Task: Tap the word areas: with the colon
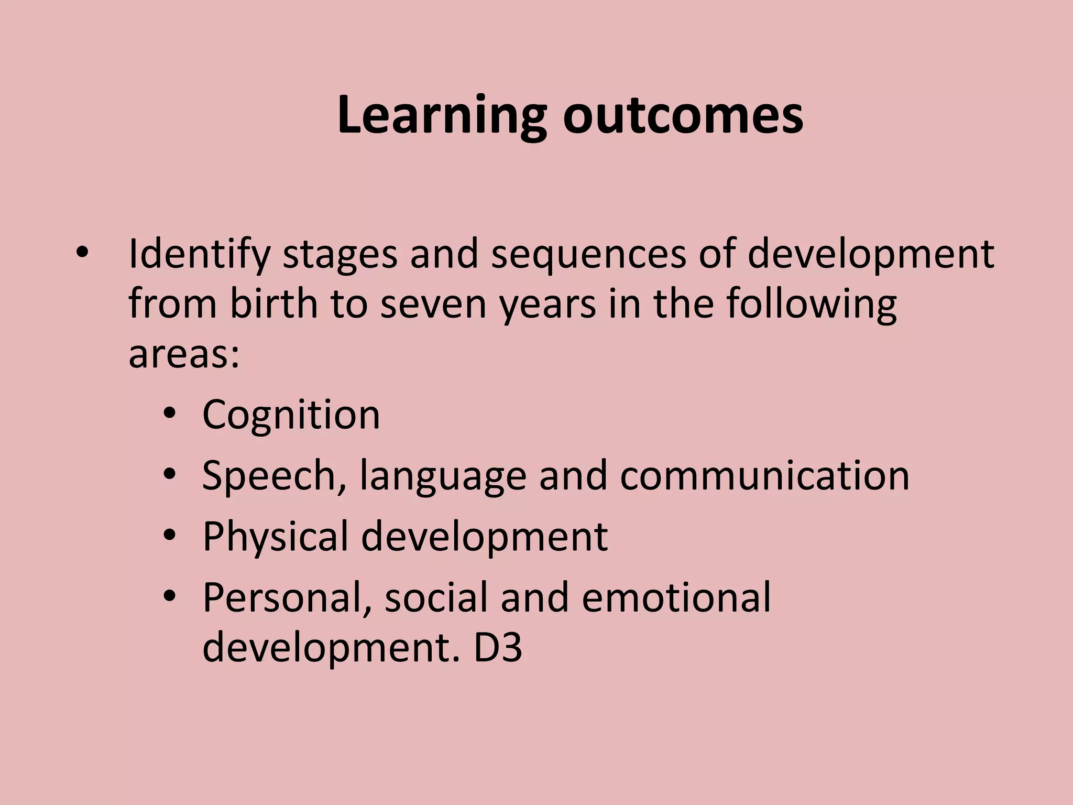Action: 184,354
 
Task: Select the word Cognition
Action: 291,415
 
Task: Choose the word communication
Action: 764,475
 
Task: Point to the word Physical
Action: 276,537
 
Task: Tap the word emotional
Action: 676,597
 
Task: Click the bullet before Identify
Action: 82,254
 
